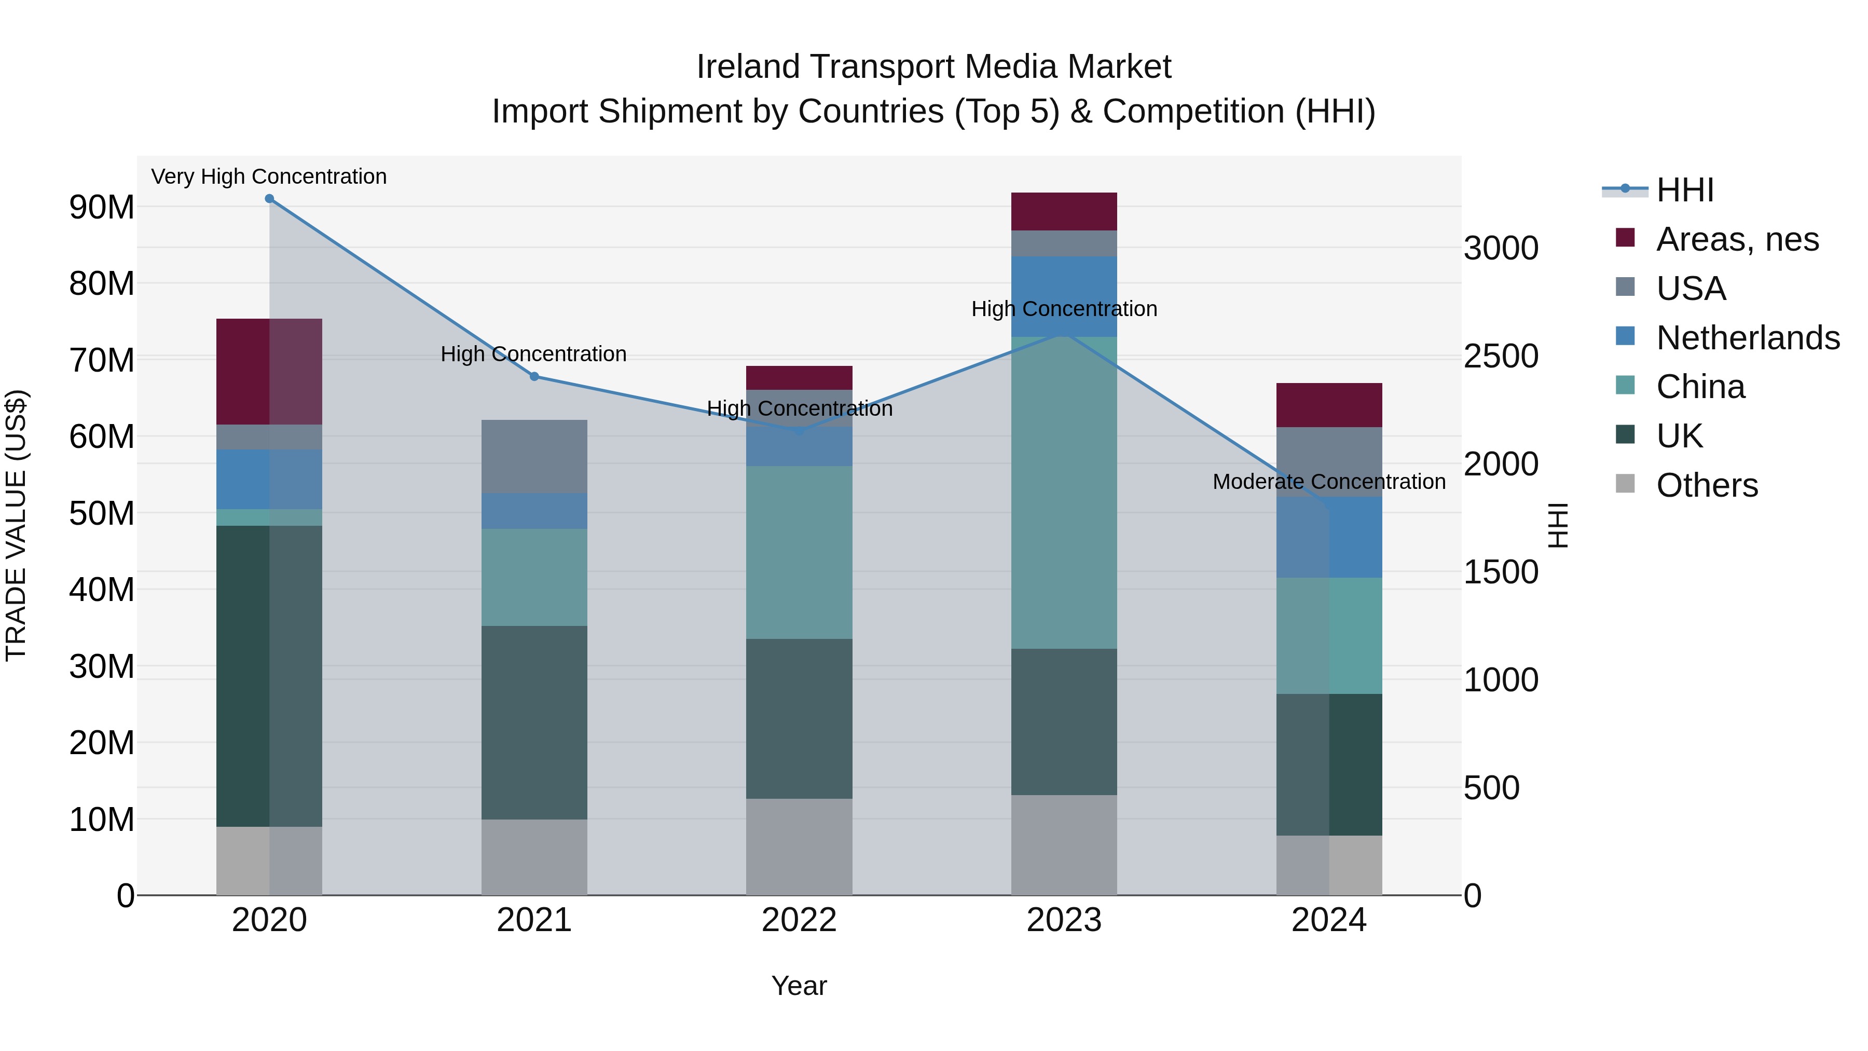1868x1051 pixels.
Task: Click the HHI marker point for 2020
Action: tap(269, 199)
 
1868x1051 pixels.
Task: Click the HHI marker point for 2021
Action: tap(534, 376)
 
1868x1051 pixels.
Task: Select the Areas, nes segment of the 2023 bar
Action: tap(1064, 211)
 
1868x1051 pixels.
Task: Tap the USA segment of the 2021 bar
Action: tap(534, 456)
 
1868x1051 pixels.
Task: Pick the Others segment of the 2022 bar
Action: tap(799, 847)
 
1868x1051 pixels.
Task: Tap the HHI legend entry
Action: tap(1684, 190)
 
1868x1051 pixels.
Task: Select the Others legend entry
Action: tap(1706, 485)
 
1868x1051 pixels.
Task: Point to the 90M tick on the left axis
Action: tap(102, 208)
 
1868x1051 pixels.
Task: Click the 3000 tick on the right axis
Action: tap(1500, 248)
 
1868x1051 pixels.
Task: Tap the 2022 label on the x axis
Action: tap(799, 920)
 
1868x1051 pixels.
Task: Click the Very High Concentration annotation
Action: tap(269, 176)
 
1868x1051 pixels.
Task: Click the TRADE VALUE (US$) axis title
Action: tap(16, 525)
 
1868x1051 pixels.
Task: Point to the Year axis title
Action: tap(799, 986)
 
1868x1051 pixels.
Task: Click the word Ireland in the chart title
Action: tap(748, 67)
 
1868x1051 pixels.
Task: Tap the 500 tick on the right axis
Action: tap(1491, 788)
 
